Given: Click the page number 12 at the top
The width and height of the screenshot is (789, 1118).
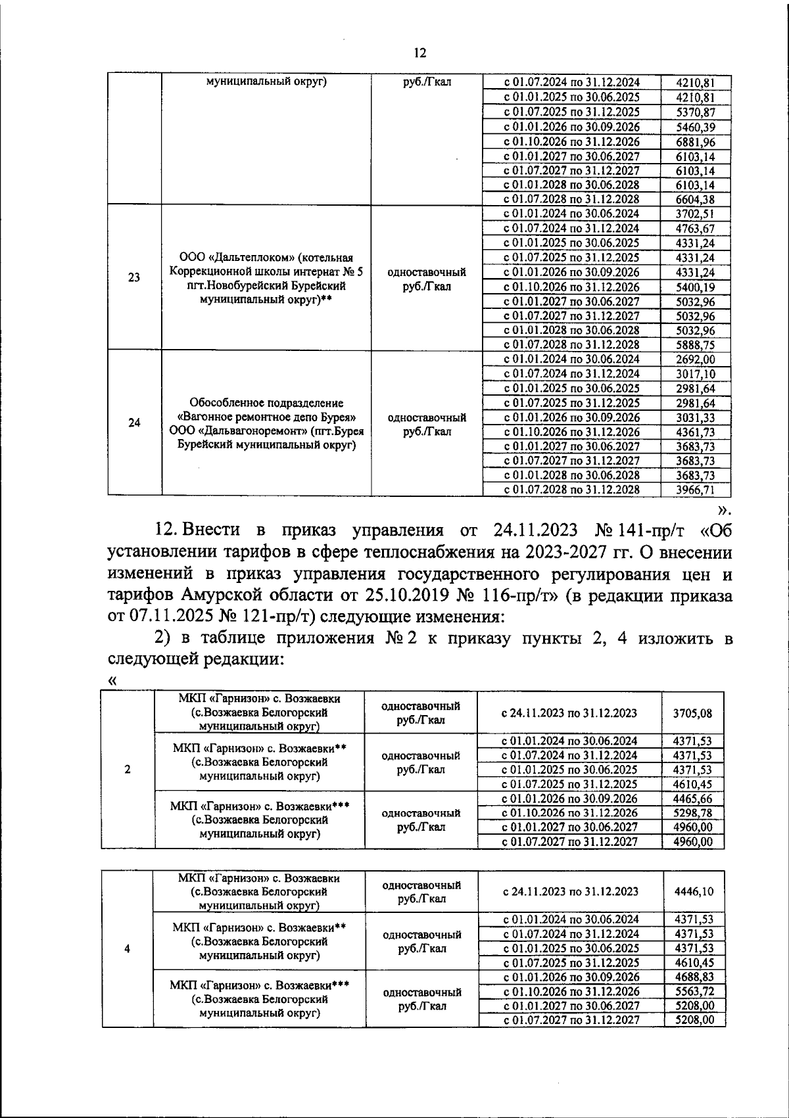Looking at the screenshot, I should [420, 53].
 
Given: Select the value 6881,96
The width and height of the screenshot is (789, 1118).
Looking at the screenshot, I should [695, 142].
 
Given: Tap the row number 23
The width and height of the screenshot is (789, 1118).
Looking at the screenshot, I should [134, 277].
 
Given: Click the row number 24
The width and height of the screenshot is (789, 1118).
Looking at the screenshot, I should [134, 423].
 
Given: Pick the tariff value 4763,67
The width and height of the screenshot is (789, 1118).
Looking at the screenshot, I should [695, 229].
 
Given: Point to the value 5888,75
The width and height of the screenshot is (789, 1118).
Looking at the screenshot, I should [695, 345].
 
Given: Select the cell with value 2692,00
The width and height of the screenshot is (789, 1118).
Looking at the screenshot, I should [695, 360].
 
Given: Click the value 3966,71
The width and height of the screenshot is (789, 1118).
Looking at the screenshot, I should [695, 490].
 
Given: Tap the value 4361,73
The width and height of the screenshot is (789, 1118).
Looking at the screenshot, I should [695, 432].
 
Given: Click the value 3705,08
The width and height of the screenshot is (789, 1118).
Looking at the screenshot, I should [693, 712].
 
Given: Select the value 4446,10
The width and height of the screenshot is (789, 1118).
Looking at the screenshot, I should [694, 891].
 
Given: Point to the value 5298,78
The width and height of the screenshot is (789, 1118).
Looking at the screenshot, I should [693, 813].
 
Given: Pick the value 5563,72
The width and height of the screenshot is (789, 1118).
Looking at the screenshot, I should [694, 991].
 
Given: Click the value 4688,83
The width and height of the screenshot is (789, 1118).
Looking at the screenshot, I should [694, 977].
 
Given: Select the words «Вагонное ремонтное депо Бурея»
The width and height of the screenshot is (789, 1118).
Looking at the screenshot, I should [267, 417].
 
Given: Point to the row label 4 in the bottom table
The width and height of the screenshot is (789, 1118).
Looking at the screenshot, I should [127, 948].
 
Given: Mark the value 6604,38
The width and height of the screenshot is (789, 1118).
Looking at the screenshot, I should [695, 199].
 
